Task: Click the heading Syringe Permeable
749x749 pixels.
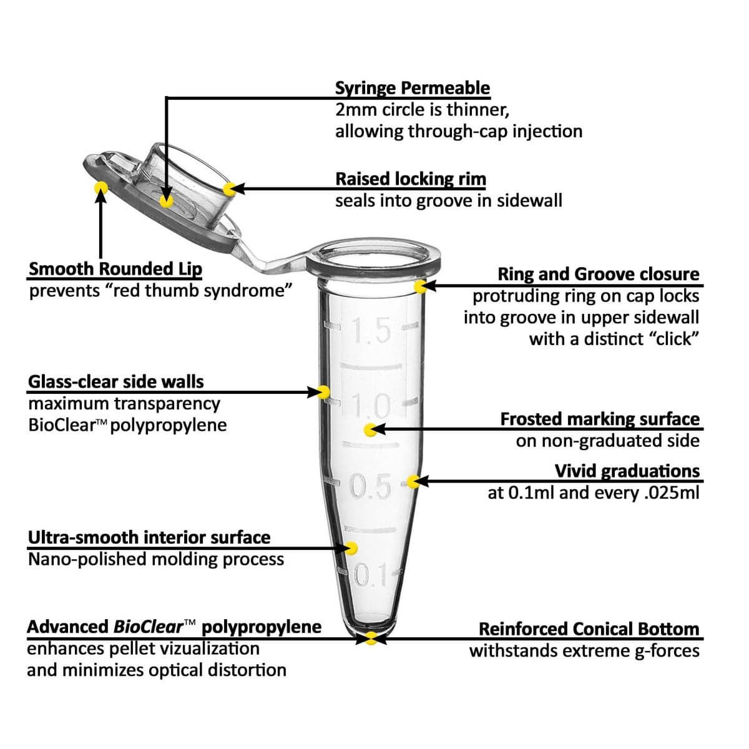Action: pos(412,88)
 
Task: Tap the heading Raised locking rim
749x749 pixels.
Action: pos(410,179)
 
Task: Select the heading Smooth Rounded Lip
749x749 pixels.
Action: pos(115,270)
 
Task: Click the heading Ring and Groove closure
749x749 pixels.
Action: pos(598,274)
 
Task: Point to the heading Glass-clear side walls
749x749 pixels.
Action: pos(116,381)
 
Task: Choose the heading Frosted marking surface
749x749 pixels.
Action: pos(599,419)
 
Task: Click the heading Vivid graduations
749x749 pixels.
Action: pos(627,471)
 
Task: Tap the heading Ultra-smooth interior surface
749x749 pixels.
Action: pos(149,537)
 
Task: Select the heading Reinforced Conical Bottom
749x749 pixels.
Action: pos(589,629)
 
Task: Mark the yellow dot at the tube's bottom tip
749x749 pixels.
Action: pos(371,638)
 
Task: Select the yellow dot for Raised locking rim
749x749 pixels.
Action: pos(230,188)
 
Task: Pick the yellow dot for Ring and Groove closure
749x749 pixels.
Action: pos(420,286)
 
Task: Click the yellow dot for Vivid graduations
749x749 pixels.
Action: pos(413,481)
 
